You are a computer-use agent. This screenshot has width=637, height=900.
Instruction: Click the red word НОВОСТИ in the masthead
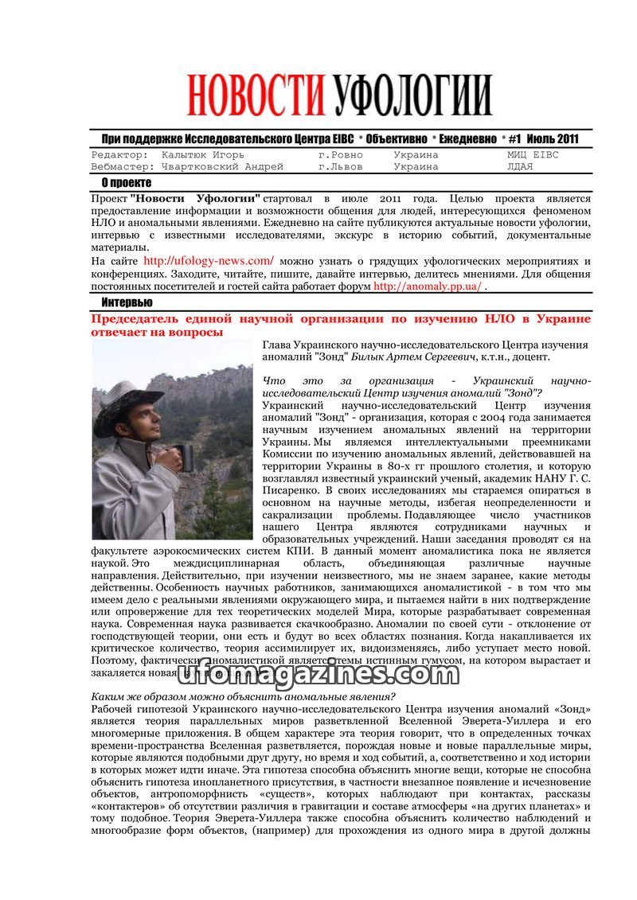point(257,96)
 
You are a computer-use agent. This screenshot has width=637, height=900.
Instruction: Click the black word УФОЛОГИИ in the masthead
point(412,96)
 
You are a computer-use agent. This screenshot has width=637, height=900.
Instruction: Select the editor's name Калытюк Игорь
point(202,155)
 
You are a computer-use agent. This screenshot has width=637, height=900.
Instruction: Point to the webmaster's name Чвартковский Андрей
point(222,167)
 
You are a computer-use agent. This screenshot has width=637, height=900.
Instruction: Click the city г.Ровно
point(340,155)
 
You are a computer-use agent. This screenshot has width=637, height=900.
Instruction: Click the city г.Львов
point(340,167)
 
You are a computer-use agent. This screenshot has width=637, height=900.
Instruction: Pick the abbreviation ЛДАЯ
point(520,167)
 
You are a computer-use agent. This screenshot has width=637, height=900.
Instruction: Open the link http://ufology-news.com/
point(209,260)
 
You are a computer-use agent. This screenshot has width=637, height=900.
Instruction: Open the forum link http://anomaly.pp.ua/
point(427,286)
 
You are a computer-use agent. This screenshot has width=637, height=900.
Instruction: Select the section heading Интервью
point(127,302)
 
